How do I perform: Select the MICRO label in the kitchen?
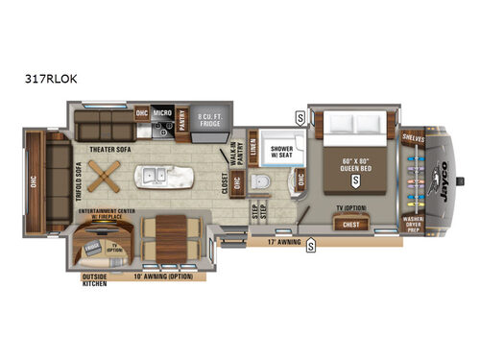click(163, 111)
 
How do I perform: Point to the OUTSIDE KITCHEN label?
click(93, 280)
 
